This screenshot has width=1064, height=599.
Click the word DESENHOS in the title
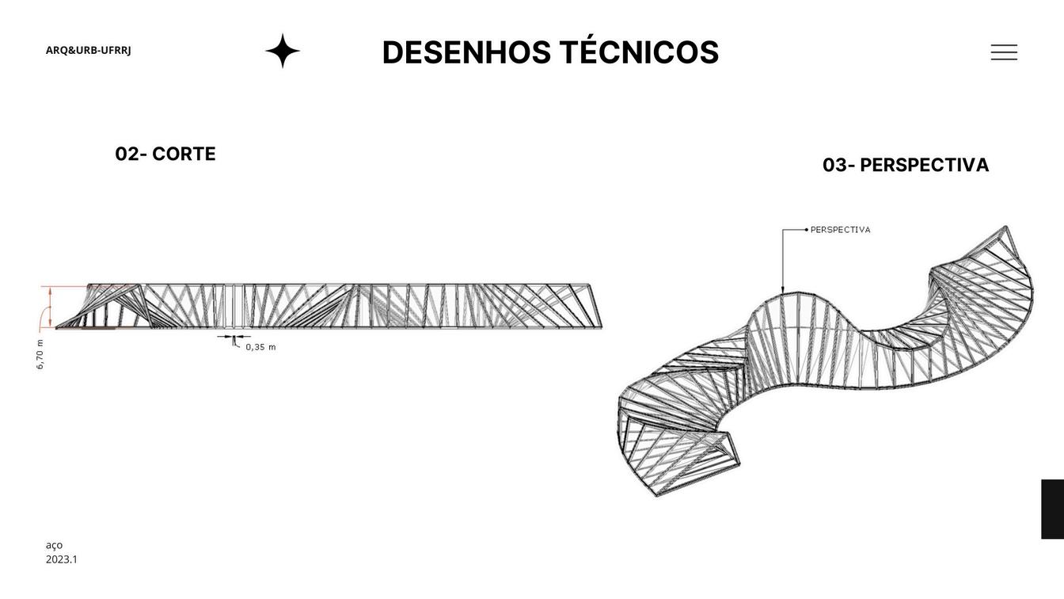coord(466,52)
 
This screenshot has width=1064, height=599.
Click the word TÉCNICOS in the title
coord(639,52)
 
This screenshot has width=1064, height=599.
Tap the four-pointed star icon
coord(283,51)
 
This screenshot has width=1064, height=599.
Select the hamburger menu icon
coord(1004,52)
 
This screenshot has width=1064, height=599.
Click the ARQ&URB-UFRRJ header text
coord(89,50)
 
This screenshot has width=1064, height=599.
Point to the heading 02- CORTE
coord(165,154)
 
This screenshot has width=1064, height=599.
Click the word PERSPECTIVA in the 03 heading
coord(924,165)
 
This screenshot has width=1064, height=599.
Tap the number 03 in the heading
coord(834,165)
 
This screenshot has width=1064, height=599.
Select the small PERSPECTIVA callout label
coord(840,230)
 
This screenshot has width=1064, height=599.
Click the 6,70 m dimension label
coord(40,354)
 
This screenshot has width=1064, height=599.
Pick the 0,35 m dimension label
coord(260,347)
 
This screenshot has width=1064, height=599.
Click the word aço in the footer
coord(54,544)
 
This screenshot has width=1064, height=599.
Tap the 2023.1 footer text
coord(62,559)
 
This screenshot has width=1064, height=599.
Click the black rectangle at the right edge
coord(1052,509)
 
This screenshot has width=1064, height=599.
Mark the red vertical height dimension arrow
coord(51,307)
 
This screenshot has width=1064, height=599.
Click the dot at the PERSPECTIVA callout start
coord(807,230)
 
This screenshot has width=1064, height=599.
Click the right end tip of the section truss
coord(602,326)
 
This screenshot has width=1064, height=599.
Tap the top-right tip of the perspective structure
coord(1006,227)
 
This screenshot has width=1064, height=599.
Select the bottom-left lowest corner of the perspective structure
coord(656,496)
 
